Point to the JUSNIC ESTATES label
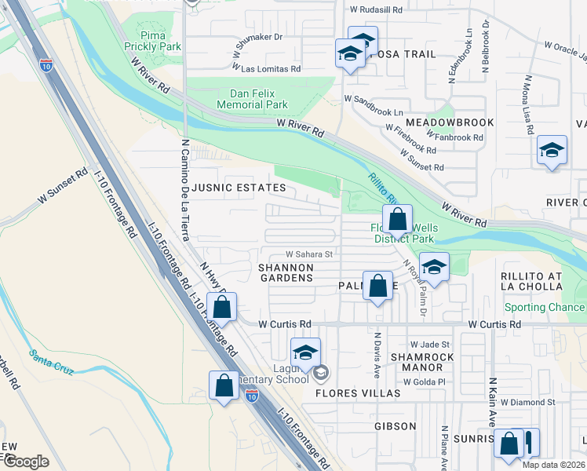click(239, 188)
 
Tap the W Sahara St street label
click(309, 254)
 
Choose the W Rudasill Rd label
click(376, 10)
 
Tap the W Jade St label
click(430, 344)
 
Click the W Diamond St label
click(527, 401)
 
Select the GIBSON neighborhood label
click(395, 426)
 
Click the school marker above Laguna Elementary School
click(305, 352)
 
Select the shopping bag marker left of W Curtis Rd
click(222, 308)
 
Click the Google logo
click(27, 462)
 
